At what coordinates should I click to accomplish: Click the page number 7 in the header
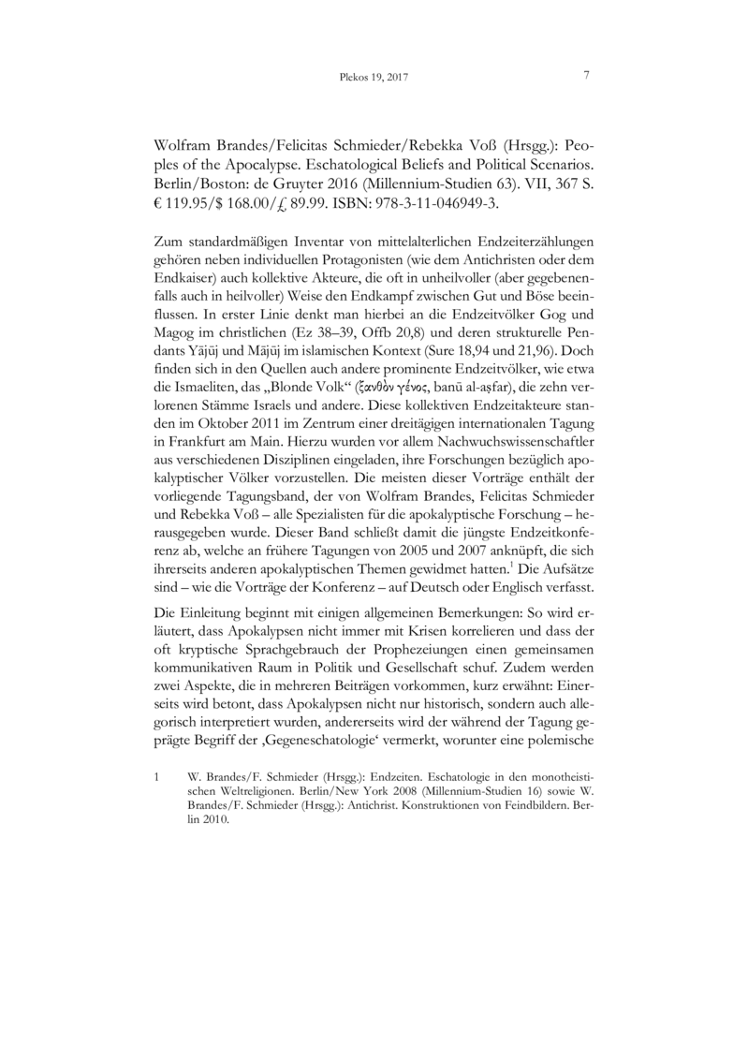pyautogui.click(x=586, y=76)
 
